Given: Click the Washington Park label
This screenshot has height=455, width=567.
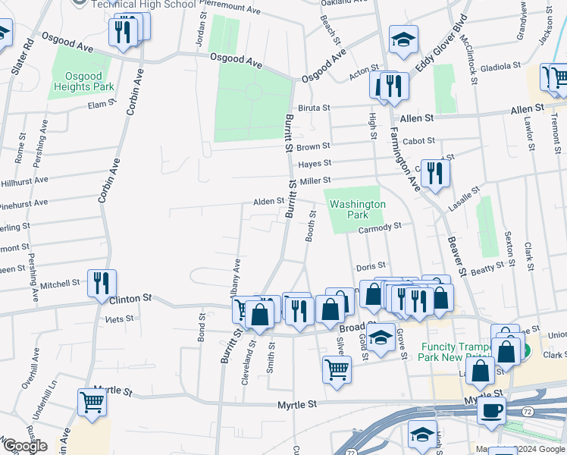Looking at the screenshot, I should [x=358, y=210].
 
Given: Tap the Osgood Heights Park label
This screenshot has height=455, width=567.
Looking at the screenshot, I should [x=83, y=81].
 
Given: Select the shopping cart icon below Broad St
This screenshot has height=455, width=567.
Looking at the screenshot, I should [x=337, y=369].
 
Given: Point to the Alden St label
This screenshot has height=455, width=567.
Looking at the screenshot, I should [x=268, y=202].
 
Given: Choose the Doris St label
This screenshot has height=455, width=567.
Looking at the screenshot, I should [x=371, y=266].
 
